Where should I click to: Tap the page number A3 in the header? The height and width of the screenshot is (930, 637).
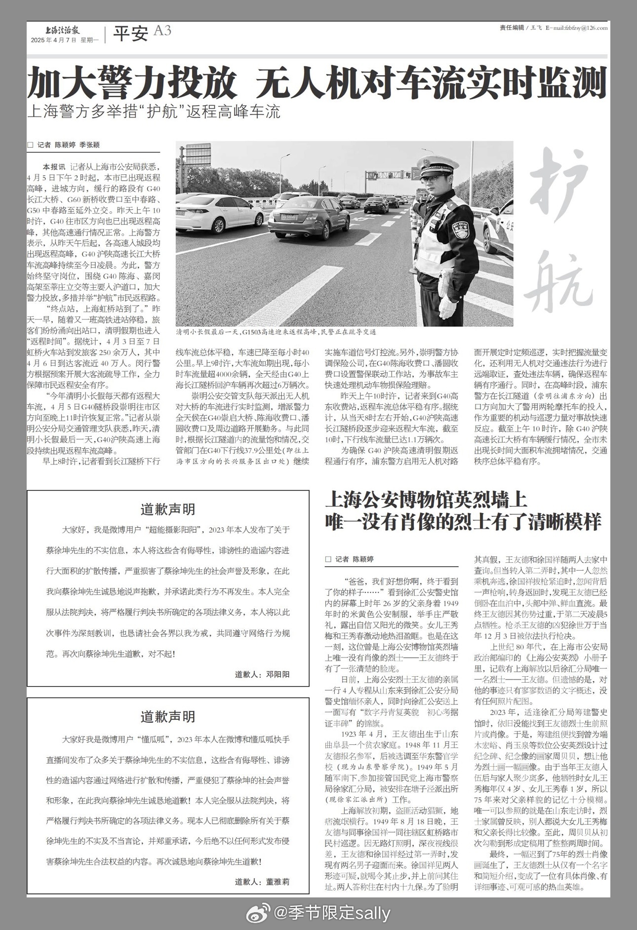click(162, 31)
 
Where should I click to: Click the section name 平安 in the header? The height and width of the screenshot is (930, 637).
click(130, 34)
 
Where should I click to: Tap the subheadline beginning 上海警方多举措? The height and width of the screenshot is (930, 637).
click(154, 112)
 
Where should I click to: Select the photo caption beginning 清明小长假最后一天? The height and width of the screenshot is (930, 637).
click(277, 332)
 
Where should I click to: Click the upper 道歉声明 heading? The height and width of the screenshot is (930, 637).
click(168, 509)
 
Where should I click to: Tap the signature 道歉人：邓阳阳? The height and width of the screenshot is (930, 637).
click(262, 674)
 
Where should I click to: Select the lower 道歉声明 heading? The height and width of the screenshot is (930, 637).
click(168, 716)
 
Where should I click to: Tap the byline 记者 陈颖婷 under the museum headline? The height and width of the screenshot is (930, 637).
click(354, 559)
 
